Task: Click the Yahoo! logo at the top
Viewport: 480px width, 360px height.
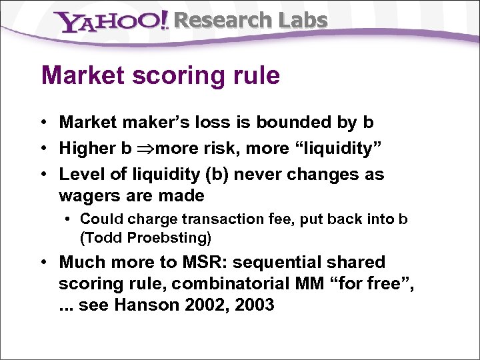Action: coord(113,22)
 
